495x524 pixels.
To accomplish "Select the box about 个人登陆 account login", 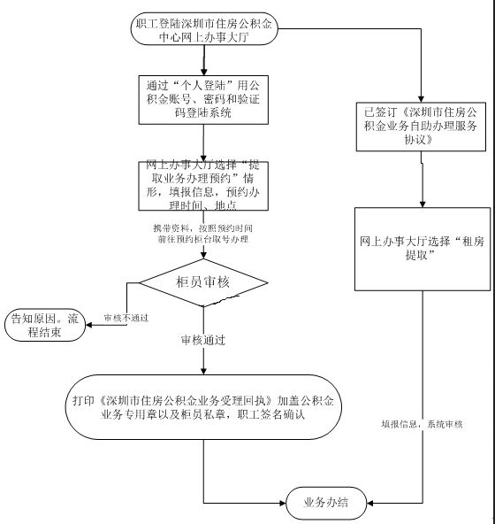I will (x=204, y=98).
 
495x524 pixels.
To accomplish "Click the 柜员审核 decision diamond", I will (x=204, y=283).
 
